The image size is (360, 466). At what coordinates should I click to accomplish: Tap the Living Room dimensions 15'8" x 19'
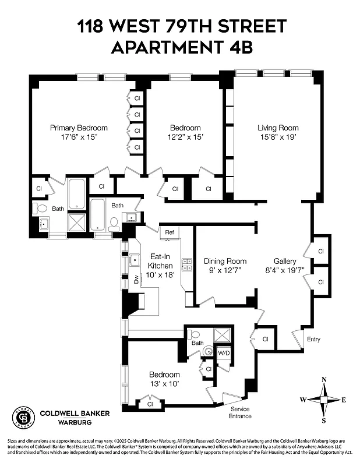pos(278,137)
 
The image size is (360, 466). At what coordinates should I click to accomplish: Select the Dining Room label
pos(225,261)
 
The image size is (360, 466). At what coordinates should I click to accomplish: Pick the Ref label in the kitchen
pos(170,232)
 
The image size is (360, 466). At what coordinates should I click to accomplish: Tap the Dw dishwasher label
pos(136,280)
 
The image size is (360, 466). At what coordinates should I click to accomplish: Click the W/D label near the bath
pos(224,353)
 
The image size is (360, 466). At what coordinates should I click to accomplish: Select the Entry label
pos(313,340)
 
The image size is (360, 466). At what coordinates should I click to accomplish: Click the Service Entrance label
pos(239,412)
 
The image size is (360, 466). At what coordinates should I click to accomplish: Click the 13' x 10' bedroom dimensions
pos(164,384)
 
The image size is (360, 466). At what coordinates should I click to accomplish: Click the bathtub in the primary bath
pos(76,194)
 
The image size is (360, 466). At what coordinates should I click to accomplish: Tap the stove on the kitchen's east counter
pos(187,265)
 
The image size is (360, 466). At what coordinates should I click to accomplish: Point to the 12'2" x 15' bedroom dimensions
pos(185,137)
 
